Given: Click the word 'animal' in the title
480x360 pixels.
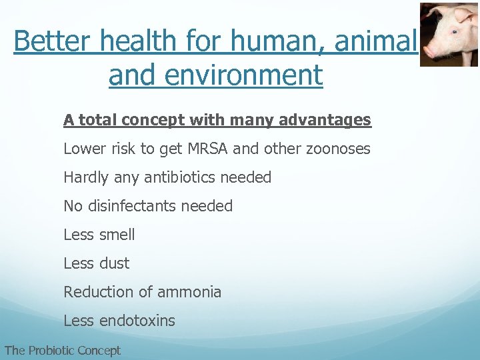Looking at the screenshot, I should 375,41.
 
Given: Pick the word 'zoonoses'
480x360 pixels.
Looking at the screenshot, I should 339,149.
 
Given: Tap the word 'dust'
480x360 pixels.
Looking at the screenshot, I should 114,263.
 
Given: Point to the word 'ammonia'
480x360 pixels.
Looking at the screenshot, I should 189,292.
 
